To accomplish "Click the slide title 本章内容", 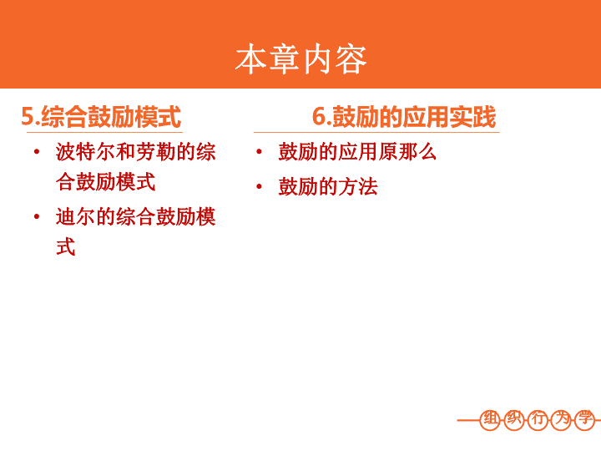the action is [x=300, y=59].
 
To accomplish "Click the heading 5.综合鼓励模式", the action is [x=101, y=117].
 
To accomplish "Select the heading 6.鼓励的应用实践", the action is [x=404, y=117].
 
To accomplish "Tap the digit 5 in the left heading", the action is [x=28, y=116].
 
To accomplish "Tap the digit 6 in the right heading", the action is [x=319, y=116].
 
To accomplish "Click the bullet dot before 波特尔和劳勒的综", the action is [x=37, y=152].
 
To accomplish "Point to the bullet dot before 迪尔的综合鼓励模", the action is [x=37, y=216].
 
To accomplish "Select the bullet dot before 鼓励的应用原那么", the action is [x=259, y=152].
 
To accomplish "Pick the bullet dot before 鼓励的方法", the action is [x=259, y=187].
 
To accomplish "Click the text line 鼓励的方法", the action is [x=328, y=187].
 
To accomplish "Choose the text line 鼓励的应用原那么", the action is [x=357, y=152].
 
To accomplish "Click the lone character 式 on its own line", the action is [x=66, y=246].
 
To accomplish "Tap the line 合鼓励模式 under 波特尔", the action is [x=105, y=182].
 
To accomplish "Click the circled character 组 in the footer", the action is [x=491, y=419].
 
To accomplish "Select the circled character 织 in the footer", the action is [x=514, y=419].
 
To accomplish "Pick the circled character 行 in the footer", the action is [x=538, y=419].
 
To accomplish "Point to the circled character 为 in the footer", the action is [x=562, y=419].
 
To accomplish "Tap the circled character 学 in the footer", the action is [x=585, y=419].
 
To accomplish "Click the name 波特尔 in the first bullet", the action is [x=85, y=152].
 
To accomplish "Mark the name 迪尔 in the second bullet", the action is [x=75, y=216].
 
